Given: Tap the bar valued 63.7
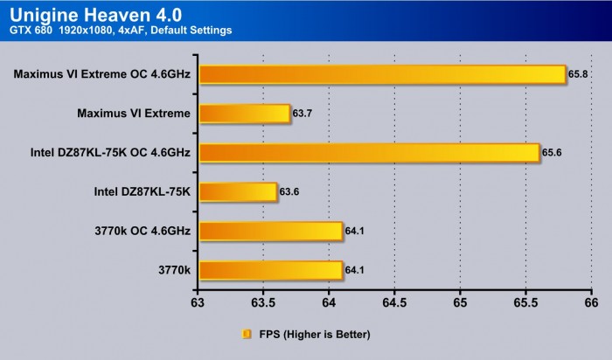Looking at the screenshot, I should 244,113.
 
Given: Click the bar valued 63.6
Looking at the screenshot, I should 238,191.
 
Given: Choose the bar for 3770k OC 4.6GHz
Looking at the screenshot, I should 270,231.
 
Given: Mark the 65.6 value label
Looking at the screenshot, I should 552,153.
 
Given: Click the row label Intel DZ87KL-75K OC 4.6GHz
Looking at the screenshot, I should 109,152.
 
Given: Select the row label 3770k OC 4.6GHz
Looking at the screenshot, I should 140,231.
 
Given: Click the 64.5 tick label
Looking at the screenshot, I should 394,302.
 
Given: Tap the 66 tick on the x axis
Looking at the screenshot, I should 591,302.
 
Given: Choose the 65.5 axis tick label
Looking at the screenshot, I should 525,302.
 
